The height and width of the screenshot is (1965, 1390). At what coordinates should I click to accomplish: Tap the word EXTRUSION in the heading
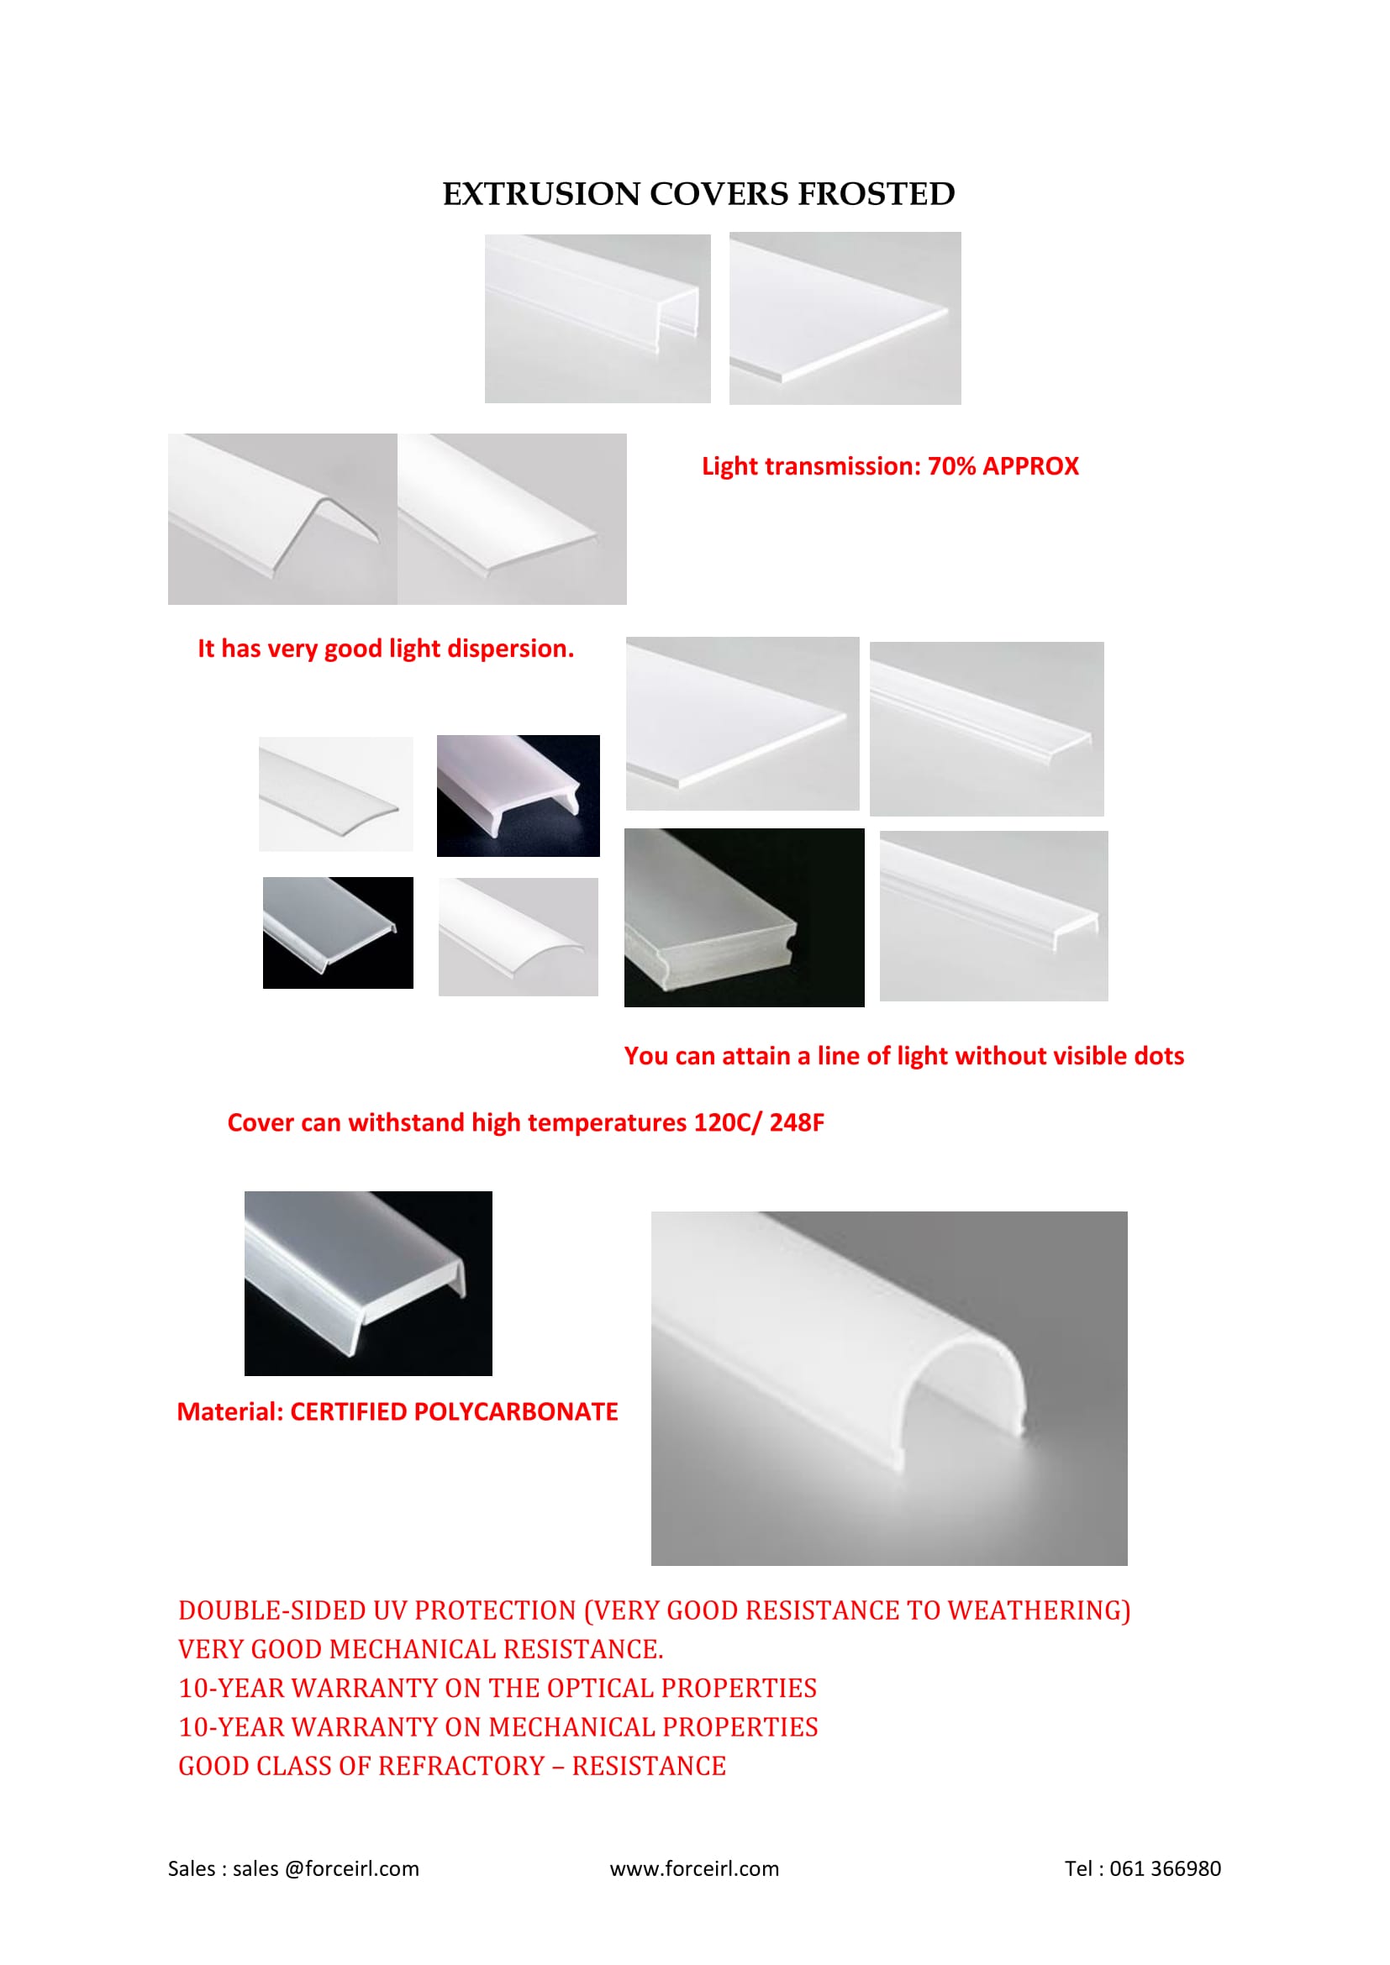pos(541,194)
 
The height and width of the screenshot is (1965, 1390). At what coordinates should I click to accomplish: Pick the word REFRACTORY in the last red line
pos(462,1766)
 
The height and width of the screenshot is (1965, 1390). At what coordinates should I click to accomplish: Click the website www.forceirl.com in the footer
pos(694,1868)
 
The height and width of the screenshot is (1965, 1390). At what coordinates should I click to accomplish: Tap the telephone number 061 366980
pos(1165,1868)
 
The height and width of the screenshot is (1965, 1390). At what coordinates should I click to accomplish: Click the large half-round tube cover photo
pos(889,1388)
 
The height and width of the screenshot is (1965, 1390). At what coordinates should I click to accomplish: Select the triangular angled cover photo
pos(282,518)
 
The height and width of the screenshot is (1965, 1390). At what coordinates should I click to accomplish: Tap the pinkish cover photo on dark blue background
pos(518,796)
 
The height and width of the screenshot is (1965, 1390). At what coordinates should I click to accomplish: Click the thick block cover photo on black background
pos(744,917)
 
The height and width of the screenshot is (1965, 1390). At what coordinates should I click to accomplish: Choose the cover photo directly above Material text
pos(368,1284)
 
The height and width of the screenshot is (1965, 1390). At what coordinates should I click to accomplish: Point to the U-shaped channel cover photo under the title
pos(598,318)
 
